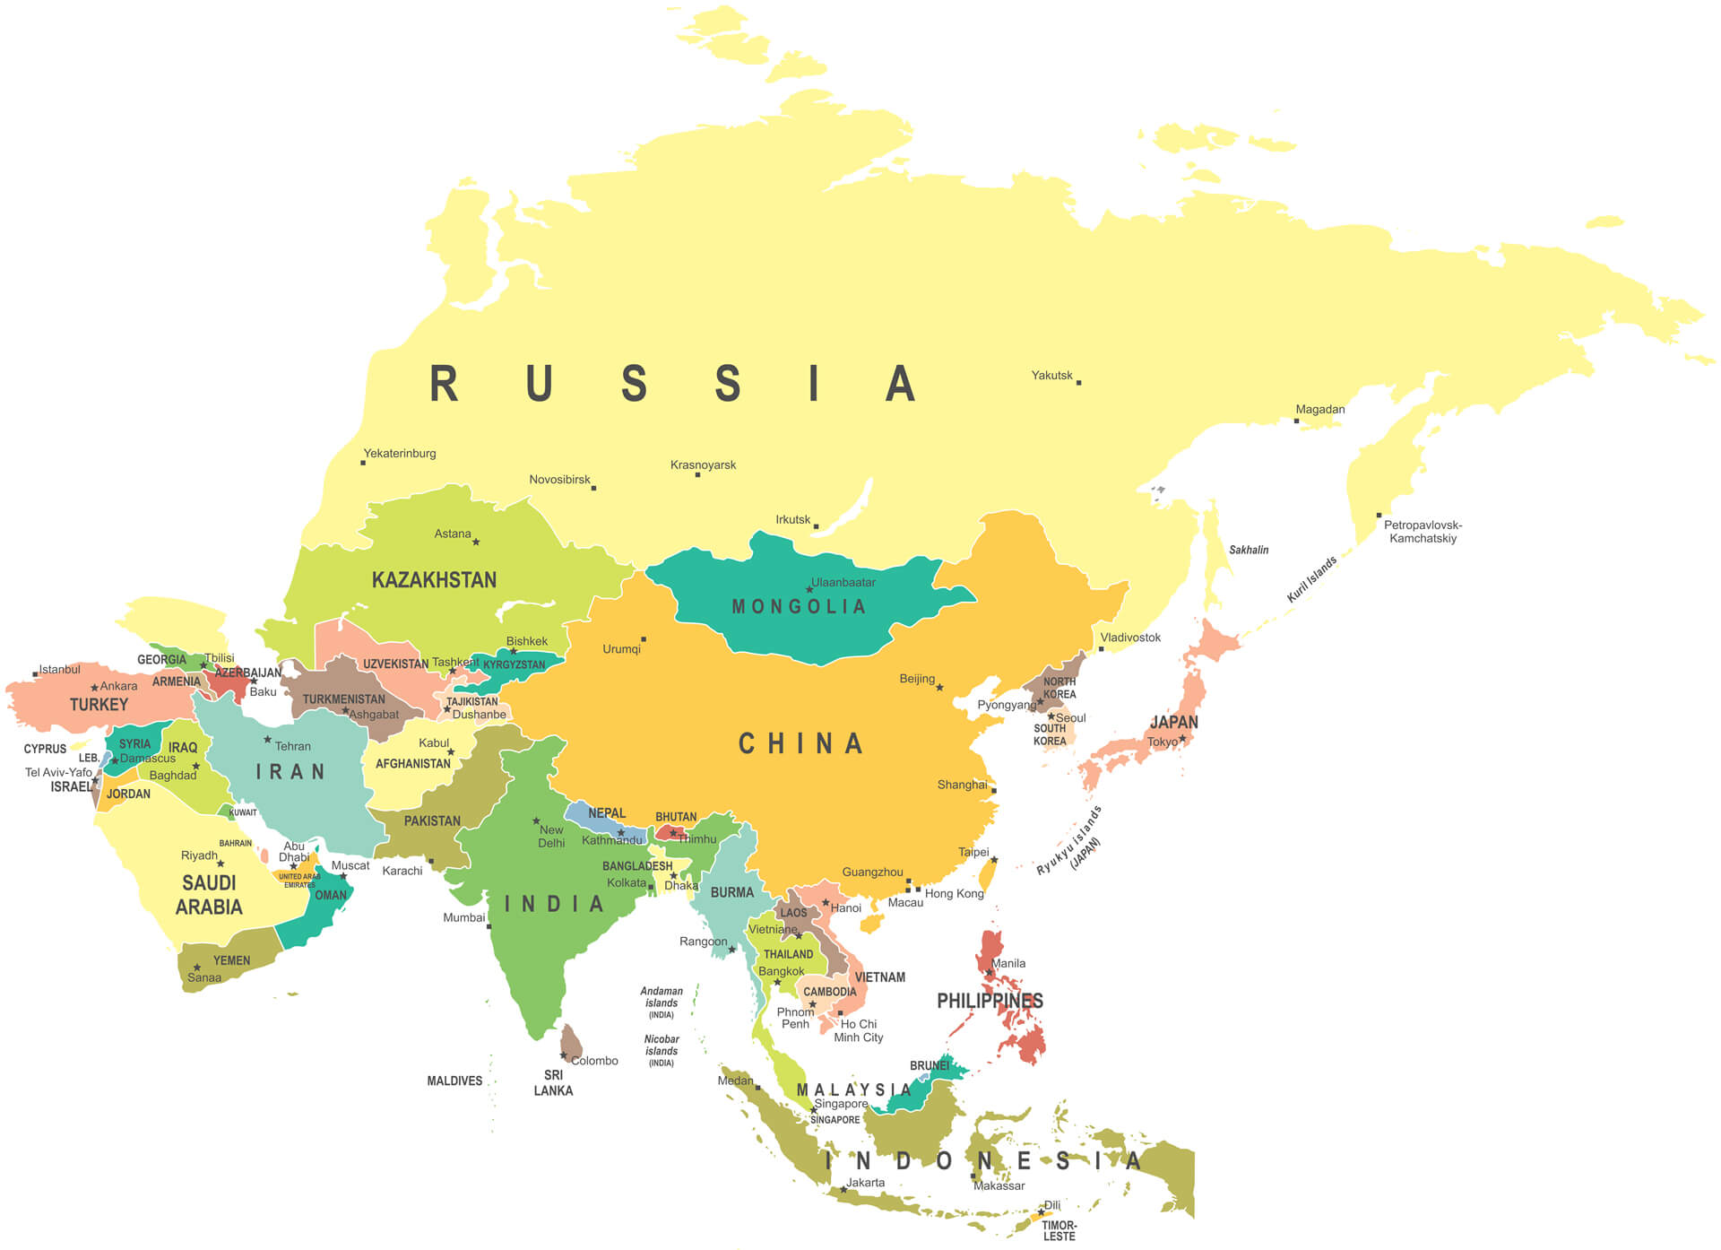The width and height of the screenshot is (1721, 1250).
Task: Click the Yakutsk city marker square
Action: (1078, 383)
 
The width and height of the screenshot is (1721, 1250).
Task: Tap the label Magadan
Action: (1319, 409)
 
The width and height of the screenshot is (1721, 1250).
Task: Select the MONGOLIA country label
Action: (799, 607)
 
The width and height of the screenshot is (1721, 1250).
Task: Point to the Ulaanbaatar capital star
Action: (809, 589)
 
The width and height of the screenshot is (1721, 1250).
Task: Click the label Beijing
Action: (917, 679)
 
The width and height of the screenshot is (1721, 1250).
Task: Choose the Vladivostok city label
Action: (1130, 638)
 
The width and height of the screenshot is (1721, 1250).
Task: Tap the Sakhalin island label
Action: (1249, 550)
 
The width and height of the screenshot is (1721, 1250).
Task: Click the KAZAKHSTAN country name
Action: (434, 580)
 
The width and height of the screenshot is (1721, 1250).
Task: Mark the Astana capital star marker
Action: (476, 542)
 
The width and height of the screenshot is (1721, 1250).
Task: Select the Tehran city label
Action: (292, 746)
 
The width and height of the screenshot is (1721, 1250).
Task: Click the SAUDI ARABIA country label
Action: (209, 895)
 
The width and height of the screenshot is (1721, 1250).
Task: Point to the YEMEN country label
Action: (231, 960)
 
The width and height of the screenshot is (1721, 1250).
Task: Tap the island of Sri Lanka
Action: (571, 1043)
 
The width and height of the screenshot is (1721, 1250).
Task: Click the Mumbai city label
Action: (463, 917)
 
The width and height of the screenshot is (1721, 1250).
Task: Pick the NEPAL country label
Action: (607, 813)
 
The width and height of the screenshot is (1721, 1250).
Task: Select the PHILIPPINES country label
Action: (990, 1001)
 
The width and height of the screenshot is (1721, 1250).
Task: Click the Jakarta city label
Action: (865, 1183)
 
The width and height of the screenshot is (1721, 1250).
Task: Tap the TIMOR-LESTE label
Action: (1059, 1230)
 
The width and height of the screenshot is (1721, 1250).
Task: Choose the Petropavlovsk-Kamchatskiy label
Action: (1423, 532)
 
